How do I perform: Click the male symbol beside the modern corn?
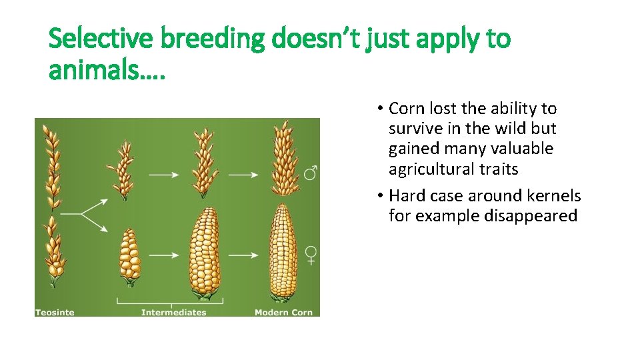pyautogui.click(x=311, y=173)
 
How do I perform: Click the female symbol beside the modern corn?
pyautogui.click(x=311, y=255)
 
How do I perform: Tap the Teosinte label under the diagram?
pyautogui.click(x=55, y=312)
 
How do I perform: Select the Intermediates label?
pyautogui.click(x=174, y=312)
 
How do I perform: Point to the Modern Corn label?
pyautogui.click(x=283, y=312)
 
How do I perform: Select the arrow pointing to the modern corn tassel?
pyautogui.click(x=245, y=175)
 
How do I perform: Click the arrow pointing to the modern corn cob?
pyautogui.click(x=245, y=255)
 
